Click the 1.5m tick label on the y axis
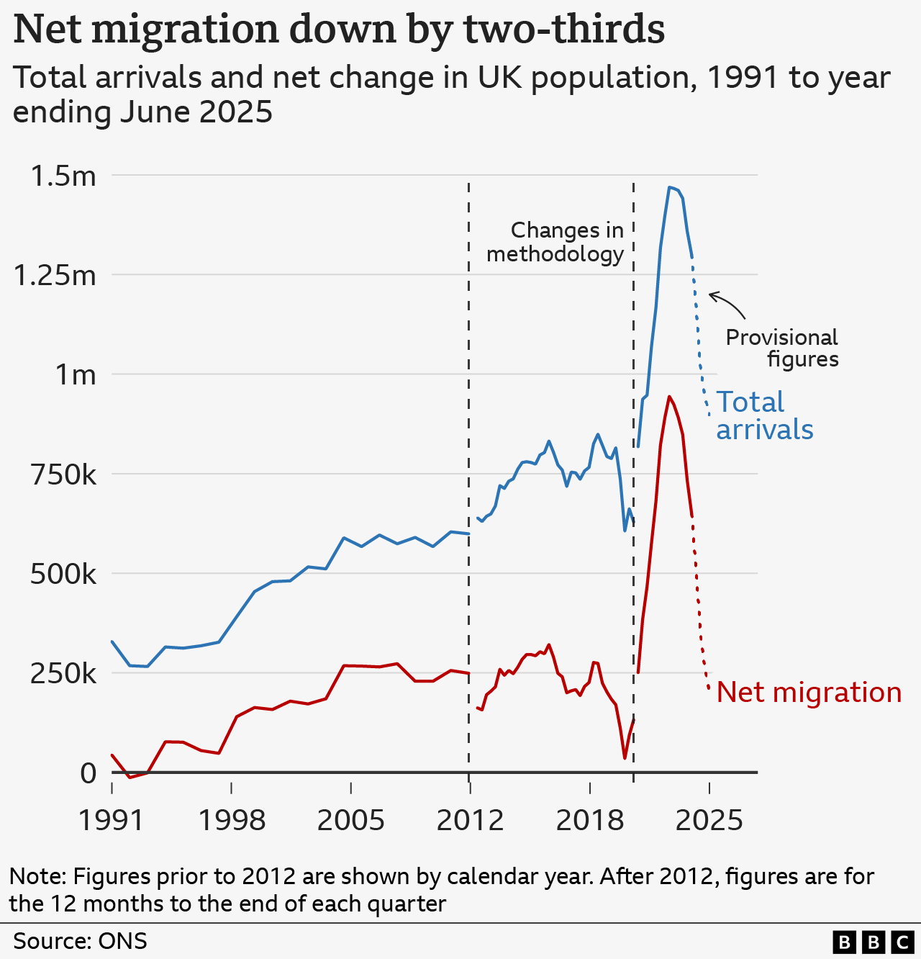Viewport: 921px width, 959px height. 63,176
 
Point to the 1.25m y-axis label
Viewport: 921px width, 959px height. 55,276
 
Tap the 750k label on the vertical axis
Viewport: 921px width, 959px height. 63,475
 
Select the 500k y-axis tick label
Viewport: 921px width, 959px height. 63,575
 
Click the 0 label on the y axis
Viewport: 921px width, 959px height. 88,773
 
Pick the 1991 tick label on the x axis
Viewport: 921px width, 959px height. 112,820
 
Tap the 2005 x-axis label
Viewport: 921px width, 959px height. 350,820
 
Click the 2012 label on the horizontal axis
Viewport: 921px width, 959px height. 470,820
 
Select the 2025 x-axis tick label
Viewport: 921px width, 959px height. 709,820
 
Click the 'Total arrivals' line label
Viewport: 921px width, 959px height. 764,415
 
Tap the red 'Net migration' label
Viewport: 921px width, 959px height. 809,693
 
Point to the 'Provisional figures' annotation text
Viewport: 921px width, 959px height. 782,348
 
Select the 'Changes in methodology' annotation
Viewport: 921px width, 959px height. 555,242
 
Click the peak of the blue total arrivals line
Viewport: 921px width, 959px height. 669,187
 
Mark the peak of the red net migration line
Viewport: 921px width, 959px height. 669,397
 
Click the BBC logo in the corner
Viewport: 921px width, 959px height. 873,942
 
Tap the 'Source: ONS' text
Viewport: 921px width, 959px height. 80,941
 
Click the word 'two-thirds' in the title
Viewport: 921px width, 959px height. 563,30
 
